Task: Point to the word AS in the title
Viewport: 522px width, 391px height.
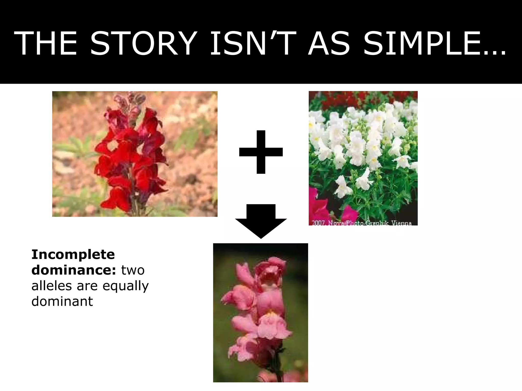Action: point(329,43)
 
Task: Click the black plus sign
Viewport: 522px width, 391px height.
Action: point(261,152)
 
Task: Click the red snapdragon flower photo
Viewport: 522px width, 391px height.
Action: point(135,154)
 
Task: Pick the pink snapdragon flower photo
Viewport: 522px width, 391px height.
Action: point(260,313)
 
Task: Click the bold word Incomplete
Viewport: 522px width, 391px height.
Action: point(73,254)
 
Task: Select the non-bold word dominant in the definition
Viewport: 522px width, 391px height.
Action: point(62,301)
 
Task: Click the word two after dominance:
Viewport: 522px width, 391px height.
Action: point(133,270)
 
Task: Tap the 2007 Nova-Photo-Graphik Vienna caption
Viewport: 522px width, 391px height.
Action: point(362,223)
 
